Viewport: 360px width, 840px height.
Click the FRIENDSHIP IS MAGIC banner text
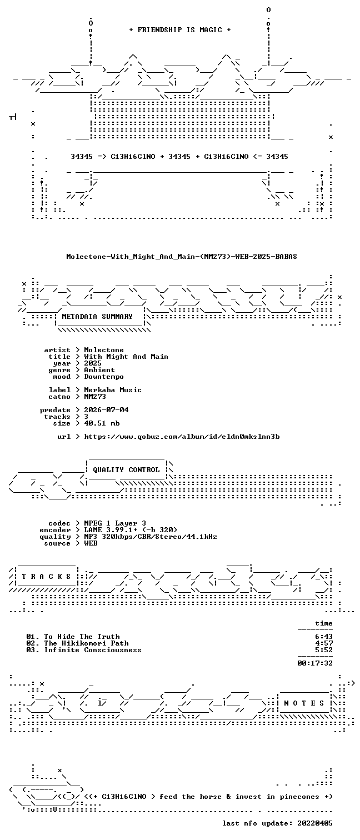(179, 30)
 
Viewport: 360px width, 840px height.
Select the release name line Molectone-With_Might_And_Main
(182, 257)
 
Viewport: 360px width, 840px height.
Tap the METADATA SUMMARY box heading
(97, 317)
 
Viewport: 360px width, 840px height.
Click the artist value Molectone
(103, 350)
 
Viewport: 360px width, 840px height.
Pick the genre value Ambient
(99, 370)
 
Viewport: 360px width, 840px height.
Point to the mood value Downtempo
(103, 377)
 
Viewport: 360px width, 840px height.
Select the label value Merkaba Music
(112, 390)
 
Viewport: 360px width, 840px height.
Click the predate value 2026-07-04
(106, 410)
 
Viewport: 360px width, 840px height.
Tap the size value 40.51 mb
(102, 423)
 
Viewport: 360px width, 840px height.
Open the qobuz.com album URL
(182, 437)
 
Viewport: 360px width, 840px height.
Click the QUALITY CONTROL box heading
(126, 470)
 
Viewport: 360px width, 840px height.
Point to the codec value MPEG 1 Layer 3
(115, 523)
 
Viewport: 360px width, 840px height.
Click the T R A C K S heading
(46, 576)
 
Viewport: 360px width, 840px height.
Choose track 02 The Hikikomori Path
(77, 643)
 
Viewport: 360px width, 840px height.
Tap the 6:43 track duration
(324, 637)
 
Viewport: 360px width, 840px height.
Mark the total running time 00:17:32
(315, 663)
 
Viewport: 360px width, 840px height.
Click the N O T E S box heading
(304, 703)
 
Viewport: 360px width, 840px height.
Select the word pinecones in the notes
(299, 797)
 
